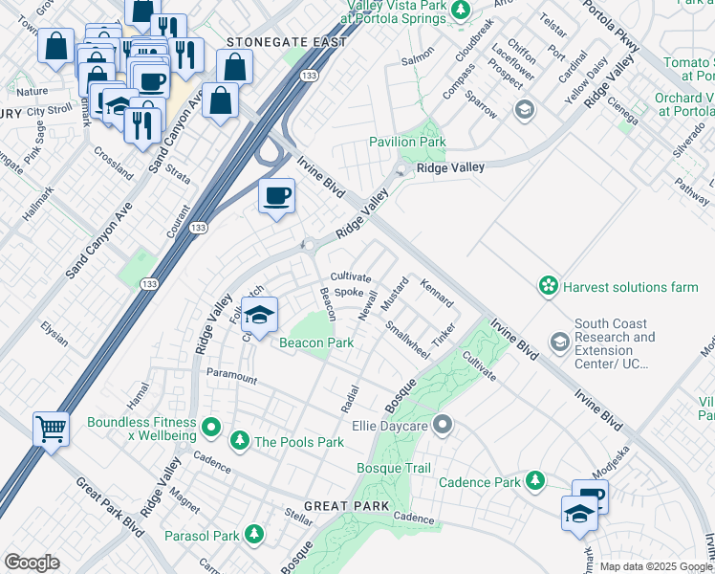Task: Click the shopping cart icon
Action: [x=52, y=429]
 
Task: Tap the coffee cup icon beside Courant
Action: [x=277, y=197]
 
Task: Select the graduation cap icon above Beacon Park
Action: [x=259, y=314]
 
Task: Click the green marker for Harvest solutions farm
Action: [x=548, y=286]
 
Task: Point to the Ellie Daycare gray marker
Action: [x=442, y=423]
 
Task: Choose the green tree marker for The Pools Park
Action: [x=239, y=441]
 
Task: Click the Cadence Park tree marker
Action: [x=536, y=481]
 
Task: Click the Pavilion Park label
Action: [x=408, y=143]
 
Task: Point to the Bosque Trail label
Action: [x=393, y=468]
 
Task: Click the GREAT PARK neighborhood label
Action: [x=347, y=505]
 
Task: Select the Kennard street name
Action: [x=436, y=293]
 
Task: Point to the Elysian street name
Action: [x=54, y=338]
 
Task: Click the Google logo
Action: [x=32, y=562]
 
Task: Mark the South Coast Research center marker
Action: [x=559, y=342]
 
